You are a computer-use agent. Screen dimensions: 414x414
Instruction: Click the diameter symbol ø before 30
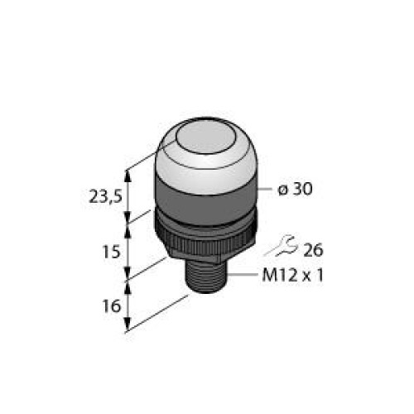(282, 190)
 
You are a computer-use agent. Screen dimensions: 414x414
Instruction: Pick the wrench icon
(283, 246)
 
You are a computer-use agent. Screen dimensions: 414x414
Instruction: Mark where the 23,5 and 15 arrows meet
(128, 223)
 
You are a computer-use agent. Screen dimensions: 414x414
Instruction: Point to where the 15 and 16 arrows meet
(128, 279)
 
